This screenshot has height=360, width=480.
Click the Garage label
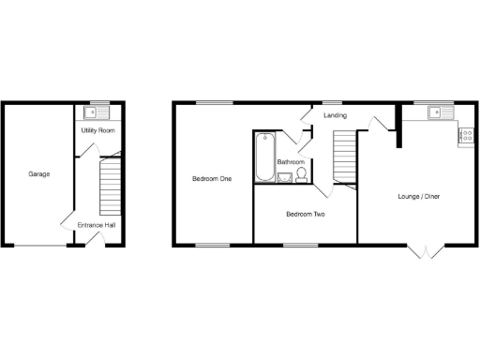pos(39,174)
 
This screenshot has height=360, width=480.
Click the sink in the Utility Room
pos(91,112)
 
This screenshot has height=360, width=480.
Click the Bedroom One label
pos(213,178)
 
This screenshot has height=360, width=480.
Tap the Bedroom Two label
pos(305,215)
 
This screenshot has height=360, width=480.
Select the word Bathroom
pos(291,163)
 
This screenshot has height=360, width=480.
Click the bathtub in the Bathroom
pos(262,154)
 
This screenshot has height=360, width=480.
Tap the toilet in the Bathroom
pos(302,173)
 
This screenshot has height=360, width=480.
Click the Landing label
pos(335,115)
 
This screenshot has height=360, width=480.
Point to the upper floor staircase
pos(346,156)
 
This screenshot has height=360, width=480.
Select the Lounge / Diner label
pos(418,197)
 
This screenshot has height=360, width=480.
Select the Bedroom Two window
pos(300,246)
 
